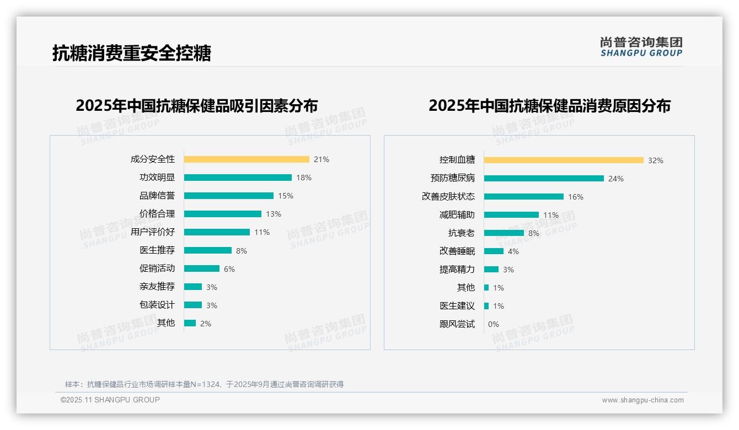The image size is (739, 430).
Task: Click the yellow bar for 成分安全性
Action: pos(247,159)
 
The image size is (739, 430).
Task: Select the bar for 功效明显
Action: pos(238,178)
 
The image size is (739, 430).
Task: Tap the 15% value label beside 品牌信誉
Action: pos(286,196)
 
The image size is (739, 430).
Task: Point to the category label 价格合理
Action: pos(157,214)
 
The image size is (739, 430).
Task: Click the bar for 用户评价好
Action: pos(217,232)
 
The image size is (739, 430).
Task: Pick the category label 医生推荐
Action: pos(157,250)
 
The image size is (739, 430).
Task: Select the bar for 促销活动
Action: pos(202,268)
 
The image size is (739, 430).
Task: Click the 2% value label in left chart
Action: pos(206,324)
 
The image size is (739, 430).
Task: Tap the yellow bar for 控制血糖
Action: pos(564,160)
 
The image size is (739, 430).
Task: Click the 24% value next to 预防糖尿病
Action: pos(616,179)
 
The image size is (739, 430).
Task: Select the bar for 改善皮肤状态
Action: pos(524,197)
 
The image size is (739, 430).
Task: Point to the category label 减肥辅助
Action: pos(457,215)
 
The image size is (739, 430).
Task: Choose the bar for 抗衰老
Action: pos(504,233)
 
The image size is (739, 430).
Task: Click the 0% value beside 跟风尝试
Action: pos(494,324)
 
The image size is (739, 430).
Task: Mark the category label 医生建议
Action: pos(457,306)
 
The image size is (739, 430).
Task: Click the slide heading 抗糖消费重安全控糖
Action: pos(132,53)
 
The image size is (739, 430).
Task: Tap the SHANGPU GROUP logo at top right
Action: pos(641,47)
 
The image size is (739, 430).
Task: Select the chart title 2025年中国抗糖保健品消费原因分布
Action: pos(549,105)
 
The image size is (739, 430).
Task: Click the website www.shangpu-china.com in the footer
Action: pos(642,400)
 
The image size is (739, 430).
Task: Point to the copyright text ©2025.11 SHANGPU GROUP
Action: pos(110,400)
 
